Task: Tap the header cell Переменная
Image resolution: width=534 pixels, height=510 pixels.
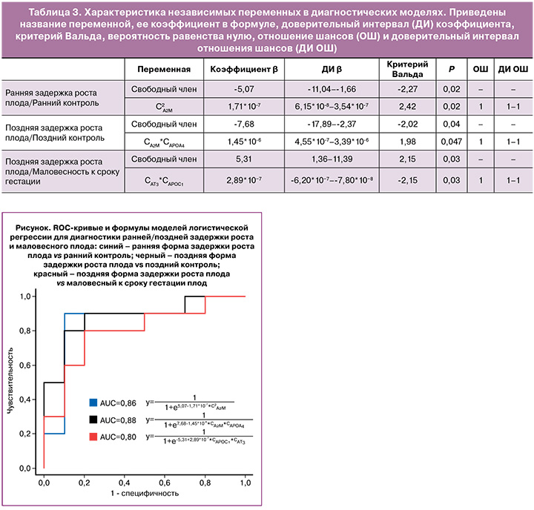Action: click(159, 69)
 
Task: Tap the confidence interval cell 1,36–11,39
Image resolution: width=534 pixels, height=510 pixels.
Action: click(326, 158)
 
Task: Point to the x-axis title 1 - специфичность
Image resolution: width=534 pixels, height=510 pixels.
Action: click(144, 492)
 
